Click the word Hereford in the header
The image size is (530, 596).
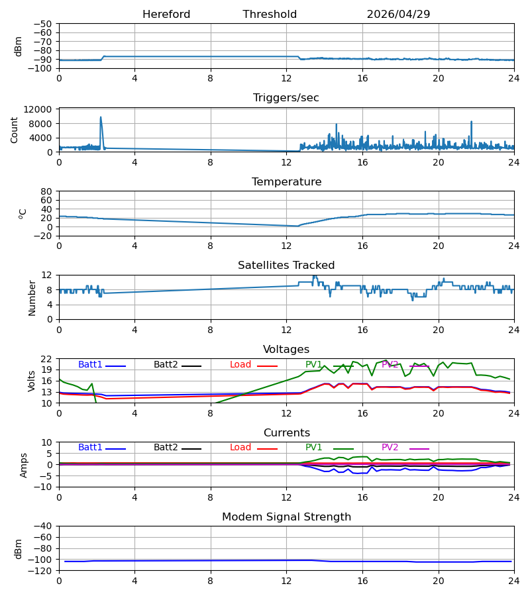coord(166,15)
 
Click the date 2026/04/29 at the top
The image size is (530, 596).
coord(398,15)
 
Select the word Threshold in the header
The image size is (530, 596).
coord(270,15)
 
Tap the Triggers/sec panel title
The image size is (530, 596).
coord(286,98)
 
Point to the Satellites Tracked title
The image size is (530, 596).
coord(286,266)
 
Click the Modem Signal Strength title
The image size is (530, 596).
coord(286,517)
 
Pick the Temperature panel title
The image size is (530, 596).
coord(286,181)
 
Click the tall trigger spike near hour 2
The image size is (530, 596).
coord(101,117)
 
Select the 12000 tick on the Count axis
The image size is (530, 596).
coord(38,109)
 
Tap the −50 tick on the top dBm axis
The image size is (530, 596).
coord(42,24)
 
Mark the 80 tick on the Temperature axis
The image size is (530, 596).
coord(46,191)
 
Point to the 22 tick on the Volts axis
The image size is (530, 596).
coord(46,359)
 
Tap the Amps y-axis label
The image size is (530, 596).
coord(24,466)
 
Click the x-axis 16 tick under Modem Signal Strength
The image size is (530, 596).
coord(362,581)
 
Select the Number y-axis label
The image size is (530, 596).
coord(32,298)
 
